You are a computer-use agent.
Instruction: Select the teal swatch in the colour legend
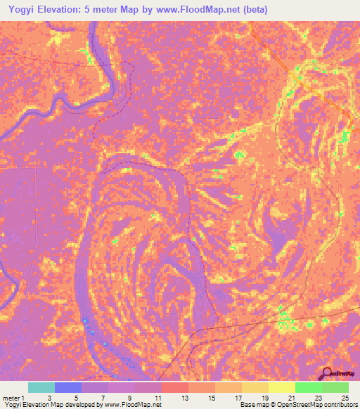(41, 388)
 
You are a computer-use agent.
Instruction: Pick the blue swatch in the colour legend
(68, 388)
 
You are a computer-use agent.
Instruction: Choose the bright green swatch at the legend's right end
(335, 388)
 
